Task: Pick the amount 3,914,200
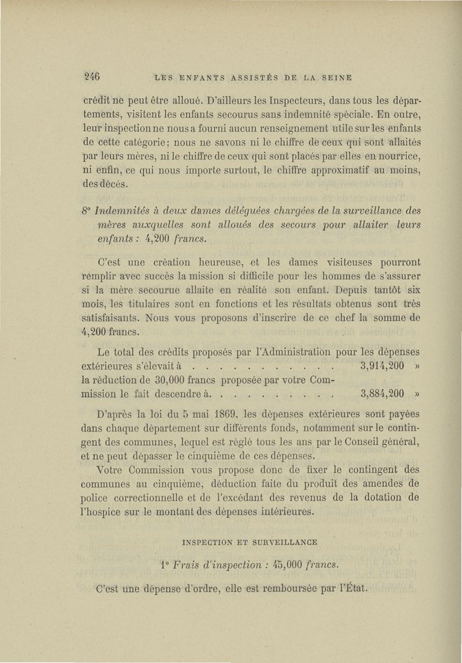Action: coord(381,366)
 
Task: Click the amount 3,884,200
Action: coord(381,396)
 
